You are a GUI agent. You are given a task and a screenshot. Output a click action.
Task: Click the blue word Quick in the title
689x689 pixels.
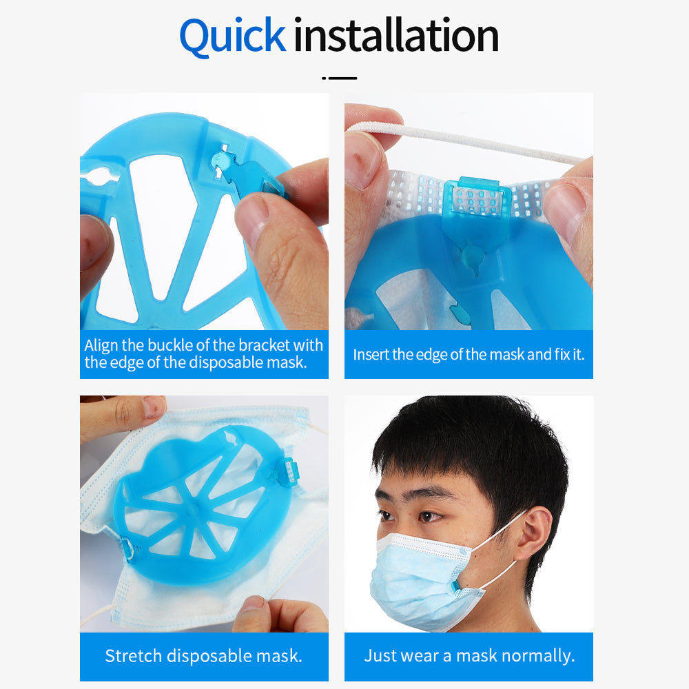click(x=232, y=37)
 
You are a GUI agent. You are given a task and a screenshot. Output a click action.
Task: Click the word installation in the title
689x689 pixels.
click(x=396, y=35)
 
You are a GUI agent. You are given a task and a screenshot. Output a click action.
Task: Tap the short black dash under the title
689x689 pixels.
click(x=339, y=79)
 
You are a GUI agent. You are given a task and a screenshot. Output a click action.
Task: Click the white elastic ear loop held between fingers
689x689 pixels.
click(x=466, y=141)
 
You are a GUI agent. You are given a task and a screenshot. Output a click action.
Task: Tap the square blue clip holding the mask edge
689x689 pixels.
click(x=477, y=201)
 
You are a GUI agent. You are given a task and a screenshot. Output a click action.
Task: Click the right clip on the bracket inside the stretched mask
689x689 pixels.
click(x=288, y=471)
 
